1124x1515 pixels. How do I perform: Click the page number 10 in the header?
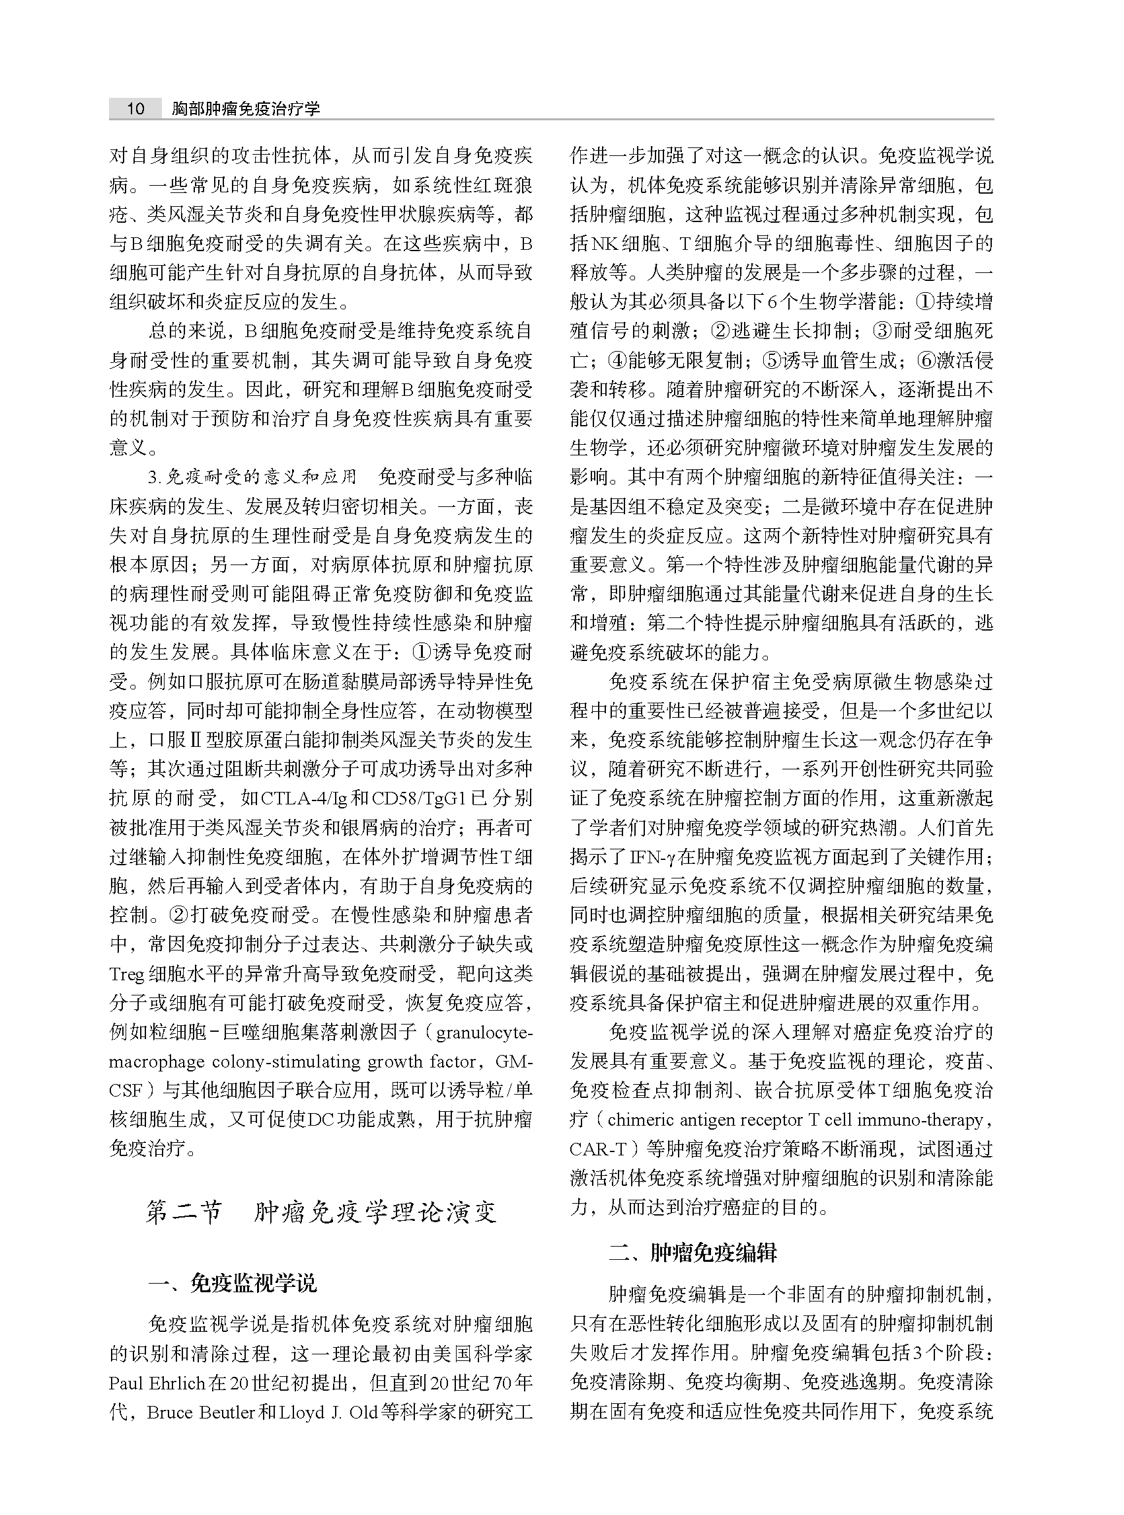[x=135, y=108]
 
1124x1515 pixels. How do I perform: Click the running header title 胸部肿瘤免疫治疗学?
[x=246, y=109]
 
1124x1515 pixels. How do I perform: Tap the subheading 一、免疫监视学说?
[x=233, y=1284]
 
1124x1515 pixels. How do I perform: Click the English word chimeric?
[x=639, y=1121]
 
